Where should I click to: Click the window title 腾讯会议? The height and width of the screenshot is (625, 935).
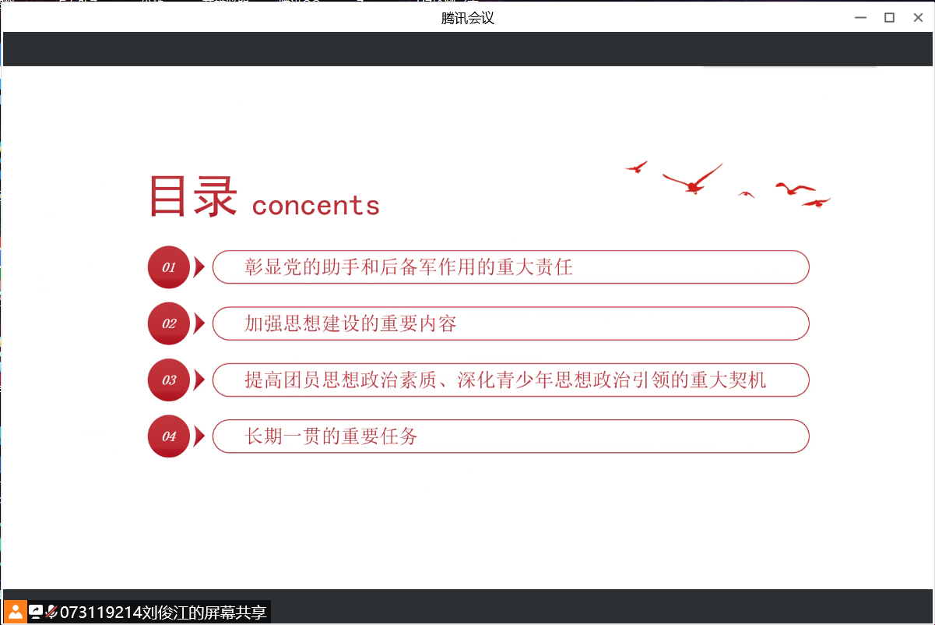(467, 18)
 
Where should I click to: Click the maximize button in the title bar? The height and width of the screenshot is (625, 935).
(889, 18)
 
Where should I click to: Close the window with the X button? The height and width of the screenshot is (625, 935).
(918, 18)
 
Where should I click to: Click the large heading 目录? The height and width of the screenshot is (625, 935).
(193, 196)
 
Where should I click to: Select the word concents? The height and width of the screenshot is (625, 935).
(316, 205)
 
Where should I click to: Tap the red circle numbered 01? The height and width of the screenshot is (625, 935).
(169, 267)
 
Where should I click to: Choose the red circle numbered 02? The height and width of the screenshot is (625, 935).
(169, 323)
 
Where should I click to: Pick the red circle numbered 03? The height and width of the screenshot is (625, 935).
(169, 380)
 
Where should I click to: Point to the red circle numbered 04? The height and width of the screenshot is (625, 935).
(169, 436)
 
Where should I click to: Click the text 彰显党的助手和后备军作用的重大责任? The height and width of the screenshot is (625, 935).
(408, 267)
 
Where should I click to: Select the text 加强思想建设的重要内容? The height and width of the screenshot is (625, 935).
(350, 323)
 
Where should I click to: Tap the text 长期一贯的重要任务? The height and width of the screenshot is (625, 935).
(331, 436)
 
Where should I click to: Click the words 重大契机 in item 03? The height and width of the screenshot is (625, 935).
(728, 380)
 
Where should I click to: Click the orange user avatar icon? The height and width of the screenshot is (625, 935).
(16, 612)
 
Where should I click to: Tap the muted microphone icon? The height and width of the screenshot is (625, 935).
(51, 612)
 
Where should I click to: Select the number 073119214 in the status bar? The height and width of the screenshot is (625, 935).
(101, 613)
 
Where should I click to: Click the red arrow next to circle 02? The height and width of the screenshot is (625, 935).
(199, 323)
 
